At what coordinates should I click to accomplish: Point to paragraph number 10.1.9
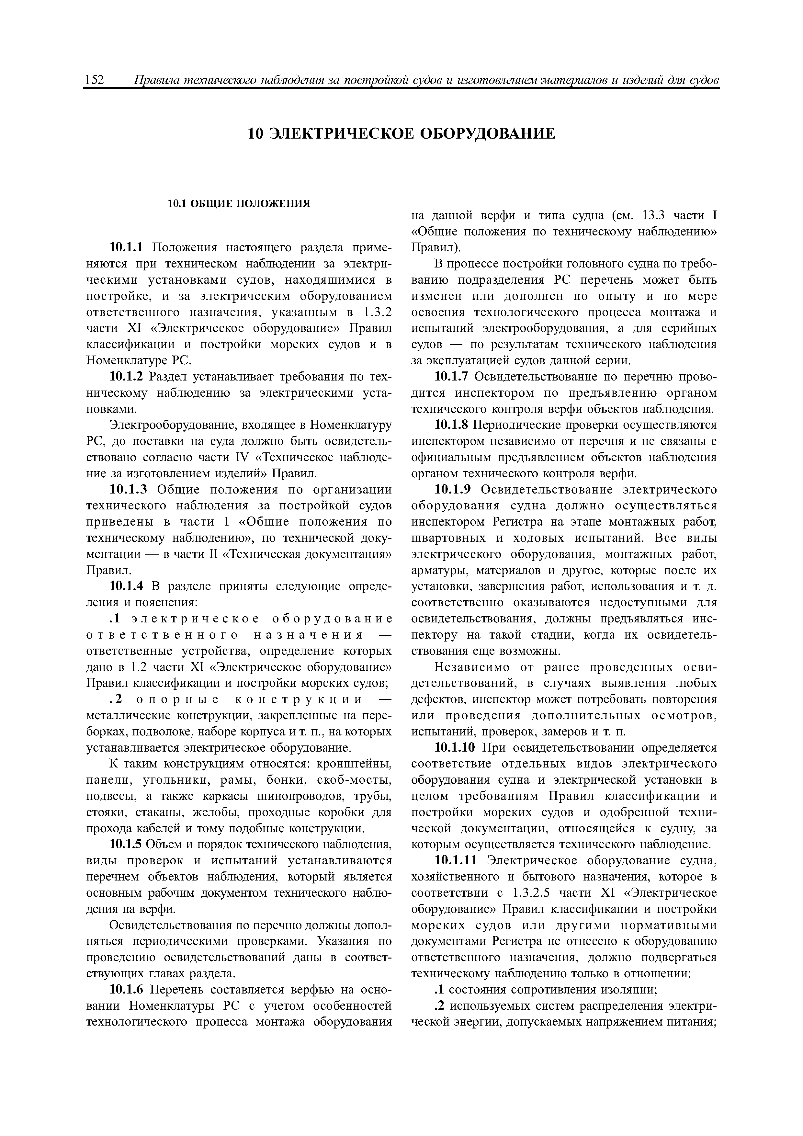(x=453, y=490)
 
